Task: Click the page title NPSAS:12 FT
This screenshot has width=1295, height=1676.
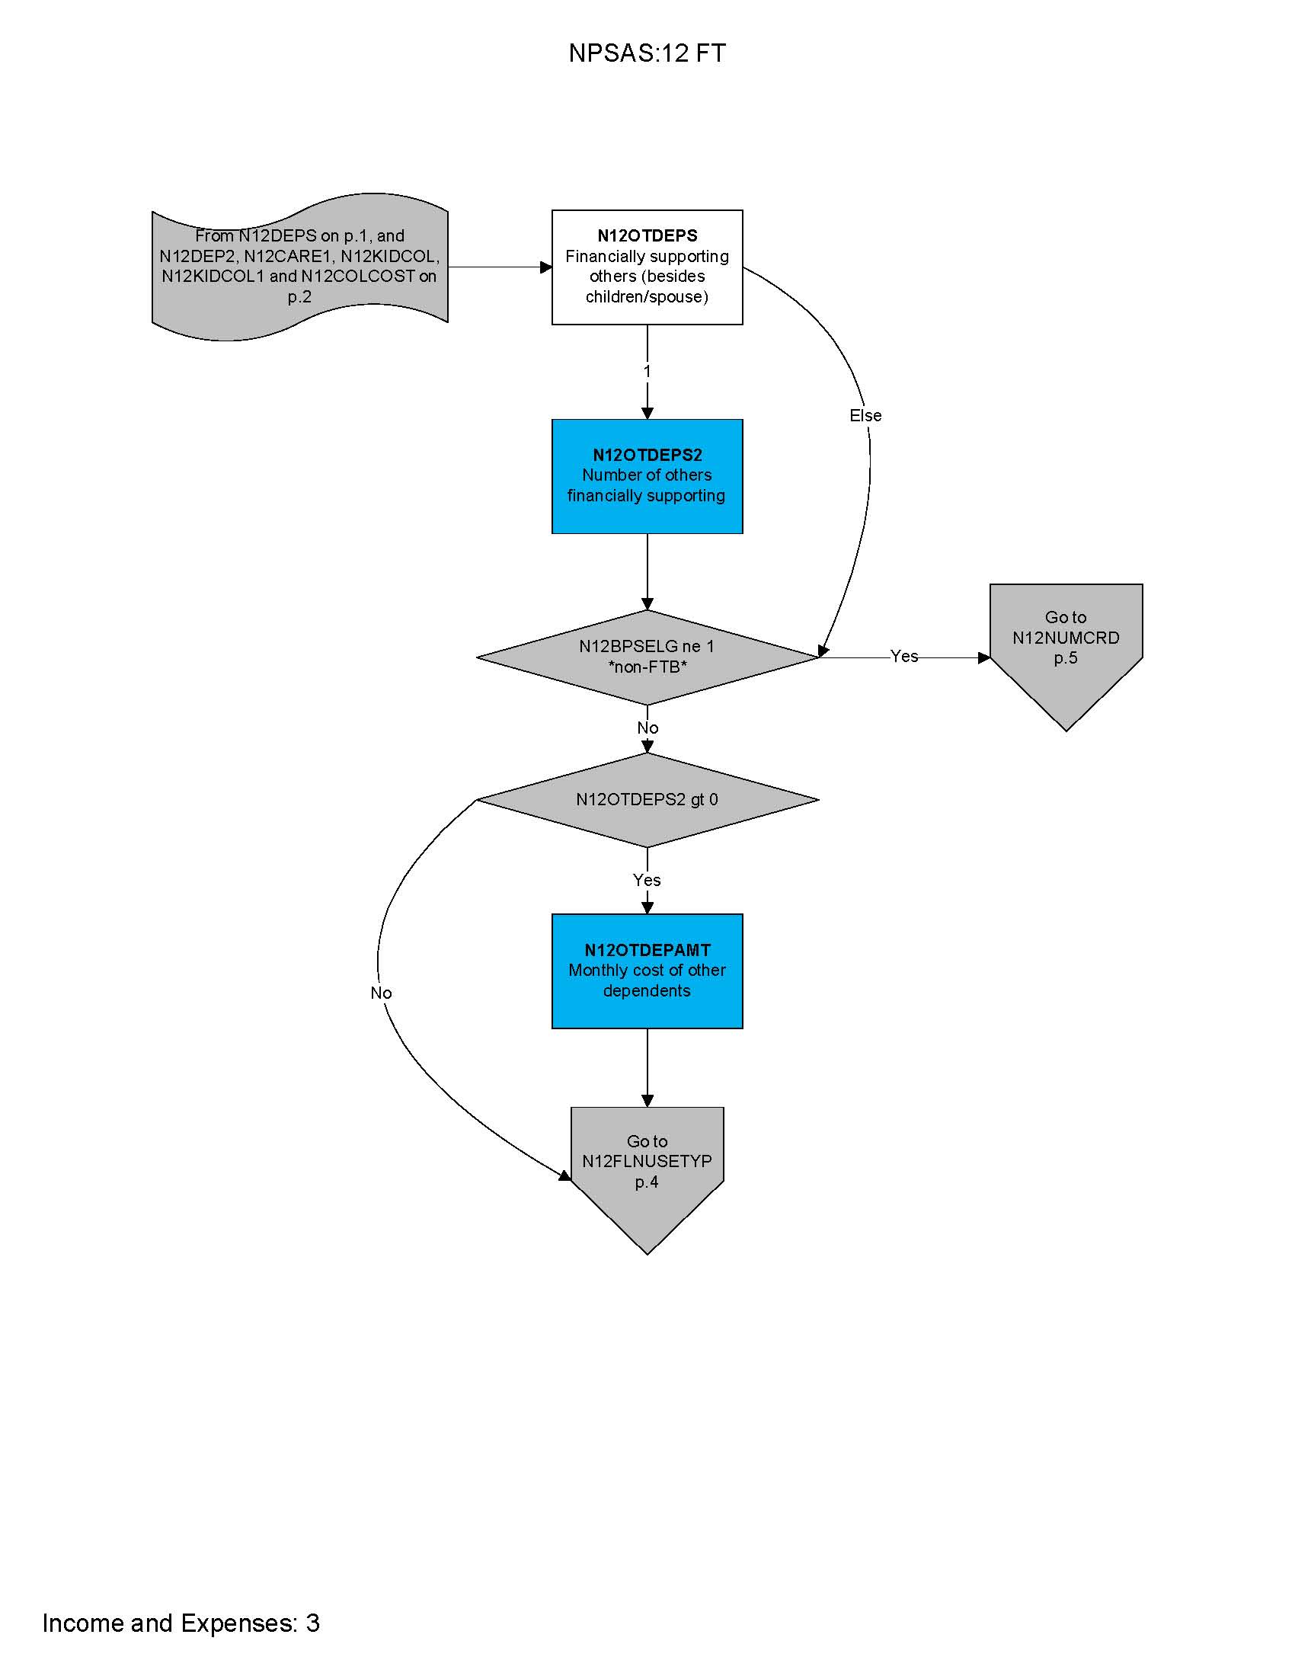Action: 647,53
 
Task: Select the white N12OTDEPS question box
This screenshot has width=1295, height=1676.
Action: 647,267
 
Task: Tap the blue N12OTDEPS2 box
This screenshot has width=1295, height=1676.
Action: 647,476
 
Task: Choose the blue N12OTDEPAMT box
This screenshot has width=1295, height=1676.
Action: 647,971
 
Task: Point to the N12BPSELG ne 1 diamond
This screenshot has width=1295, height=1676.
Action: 647,657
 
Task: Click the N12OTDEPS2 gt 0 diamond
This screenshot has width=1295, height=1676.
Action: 647,800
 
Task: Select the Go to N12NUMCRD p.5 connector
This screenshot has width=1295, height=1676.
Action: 1066,644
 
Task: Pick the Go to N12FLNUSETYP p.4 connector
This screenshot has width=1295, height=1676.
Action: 647,1166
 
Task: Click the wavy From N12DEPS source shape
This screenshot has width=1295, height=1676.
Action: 299,267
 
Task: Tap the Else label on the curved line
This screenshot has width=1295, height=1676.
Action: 865,415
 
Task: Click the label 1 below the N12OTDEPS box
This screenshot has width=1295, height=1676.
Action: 647,372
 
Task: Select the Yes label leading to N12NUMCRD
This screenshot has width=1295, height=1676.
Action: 903,656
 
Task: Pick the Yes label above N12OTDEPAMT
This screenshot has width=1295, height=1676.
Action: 647,880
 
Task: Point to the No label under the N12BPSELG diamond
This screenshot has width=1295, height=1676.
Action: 647,728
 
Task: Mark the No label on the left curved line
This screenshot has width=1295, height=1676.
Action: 382,993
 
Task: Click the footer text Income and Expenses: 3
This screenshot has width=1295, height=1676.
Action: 181,1623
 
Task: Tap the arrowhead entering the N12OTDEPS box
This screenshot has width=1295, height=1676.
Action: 546,267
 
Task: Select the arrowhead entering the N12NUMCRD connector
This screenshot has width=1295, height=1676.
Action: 984,657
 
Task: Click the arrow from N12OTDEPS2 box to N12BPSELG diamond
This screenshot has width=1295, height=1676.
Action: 647,571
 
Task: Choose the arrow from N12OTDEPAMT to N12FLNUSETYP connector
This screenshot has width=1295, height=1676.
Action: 647,1067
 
